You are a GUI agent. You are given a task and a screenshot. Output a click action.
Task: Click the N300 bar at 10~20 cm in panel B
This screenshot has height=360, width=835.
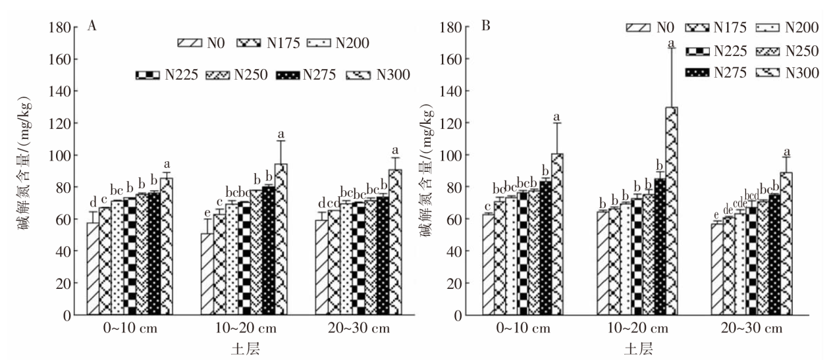671,211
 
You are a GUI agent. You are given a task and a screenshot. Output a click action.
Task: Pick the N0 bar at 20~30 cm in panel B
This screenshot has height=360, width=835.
716,269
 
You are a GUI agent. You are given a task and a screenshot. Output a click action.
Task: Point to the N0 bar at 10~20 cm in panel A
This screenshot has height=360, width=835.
207,274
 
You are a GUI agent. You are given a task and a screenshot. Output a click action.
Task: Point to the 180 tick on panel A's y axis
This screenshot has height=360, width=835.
61,28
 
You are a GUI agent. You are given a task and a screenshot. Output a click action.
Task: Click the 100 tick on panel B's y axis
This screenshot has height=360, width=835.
455,155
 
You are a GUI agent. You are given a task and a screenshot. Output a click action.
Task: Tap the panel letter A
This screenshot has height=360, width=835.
93,28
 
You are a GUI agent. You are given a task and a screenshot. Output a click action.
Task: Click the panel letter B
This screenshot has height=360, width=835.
487,28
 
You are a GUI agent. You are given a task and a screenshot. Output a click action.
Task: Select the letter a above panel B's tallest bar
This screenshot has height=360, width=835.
672,44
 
